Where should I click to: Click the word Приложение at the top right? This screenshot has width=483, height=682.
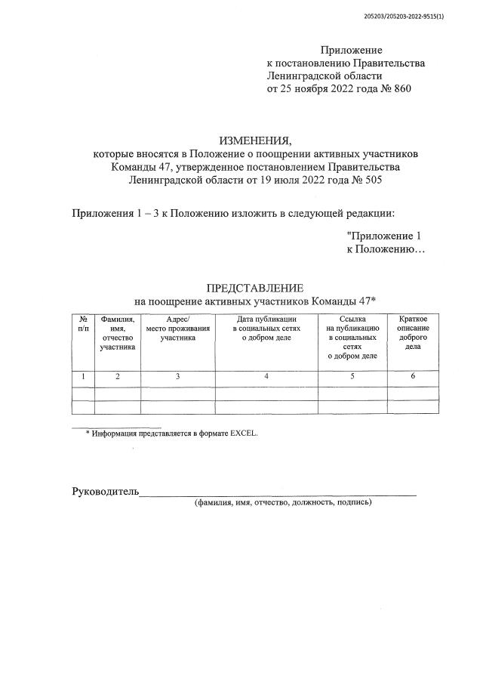[x=352, y=50]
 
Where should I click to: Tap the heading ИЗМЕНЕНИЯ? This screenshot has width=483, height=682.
[x=254, y=140]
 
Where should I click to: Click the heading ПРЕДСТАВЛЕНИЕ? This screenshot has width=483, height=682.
[x=254, y=288]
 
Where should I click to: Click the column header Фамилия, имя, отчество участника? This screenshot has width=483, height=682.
[x=117, y=334]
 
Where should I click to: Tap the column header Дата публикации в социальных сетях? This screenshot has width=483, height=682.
[x=266, y=329]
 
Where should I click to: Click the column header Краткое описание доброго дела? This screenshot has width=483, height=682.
[x=414, y=334]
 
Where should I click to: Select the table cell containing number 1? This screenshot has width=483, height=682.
[x=83, y=376]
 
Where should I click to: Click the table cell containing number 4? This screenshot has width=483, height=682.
[x=266, y=376]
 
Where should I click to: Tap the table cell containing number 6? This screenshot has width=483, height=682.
[x=414, y=376]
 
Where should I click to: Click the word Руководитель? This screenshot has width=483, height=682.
[x=106, y=492]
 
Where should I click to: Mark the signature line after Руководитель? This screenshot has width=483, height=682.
[x=279, y=494]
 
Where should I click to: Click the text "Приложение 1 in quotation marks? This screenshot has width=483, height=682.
[x=383, y=236]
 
